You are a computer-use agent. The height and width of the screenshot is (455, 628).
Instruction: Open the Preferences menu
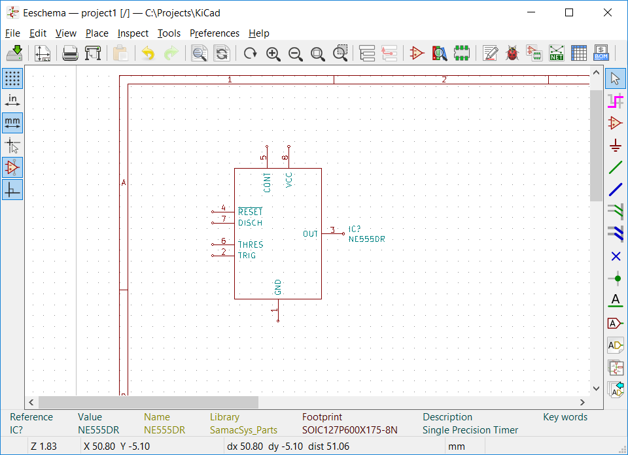click(215, 33)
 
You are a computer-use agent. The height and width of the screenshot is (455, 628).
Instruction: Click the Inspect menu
click(133, 33)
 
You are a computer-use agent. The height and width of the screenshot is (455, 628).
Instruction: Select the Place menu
click(97, 33)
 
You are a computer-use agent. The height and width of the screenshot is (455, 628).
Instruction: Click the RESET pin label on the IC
click(250, 212)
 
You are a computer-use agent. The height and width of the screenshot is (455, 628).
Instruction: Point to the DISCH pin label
click(250, 223)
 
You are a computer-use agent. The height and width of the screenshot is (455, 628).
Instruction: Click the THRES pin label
click(251, 244)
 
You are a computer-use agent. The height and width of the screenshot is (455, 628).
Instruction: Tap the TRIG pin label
click(247, 256)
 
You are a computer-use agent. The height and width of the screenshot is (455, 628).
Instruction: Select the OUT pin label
click(310, 234)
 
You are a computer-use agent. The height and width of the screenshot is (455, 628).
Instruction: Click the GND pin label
click(278, 287)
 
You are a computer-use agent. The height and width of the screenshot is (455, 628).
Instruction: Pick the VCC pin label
click(288, 180)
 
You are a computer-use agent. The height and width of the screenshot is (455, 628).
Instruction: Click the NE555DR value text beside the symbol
click(366, 239)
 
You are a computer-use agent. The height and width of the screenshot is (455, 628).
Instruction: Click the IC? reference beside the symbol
click(355, 229)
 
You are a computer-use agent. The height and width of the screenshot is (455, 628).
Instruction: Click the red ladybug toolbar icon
click(512, 54)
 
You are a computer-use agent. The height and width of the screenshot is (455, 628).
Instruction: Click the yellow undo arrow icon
click(148, 54)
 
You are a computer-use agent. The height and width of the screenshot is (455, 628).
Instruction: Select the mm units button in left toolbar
click(12, 122)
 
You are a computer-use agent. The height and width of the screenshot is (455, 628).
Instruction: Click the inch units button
click(12, 100)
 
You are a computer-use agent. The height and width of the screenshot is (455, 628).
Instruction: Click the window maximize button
click(569, 12)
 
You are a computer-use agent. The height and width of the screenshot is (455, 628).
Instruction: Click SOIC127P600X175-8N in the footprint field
click(349, 430)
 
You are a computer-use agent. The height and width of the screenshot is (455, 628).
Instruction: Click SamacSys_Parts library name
click(243, 430)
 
